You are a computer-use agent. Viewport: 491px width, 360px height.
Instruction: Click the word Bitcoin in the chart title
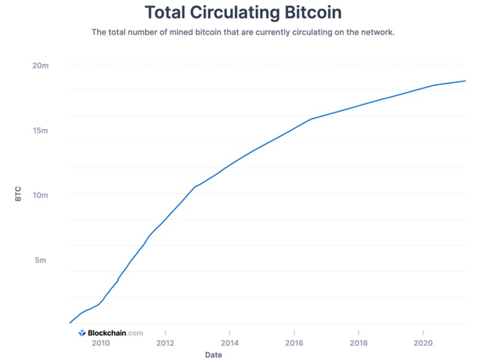point(307,12)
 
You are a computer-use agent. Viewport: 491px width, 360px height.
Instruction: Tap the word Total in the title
point(167,12)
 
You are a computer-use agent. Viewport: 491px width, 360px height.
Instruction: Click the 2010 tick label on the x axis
point(101,343)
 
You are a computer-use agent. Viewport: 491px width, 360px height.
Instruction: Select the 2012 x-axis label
point(165,343)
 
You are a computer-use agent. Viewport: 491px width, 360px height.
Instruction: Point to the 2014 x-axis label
point(230,343)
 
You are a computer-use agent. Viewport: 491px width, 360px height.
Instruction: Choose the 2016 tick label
point(294,343)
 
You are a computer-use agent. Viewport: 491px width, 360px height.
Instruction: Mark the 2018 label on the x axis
point(358,343)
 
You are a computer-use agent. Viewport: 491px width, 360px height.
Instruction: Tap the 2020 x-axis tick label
point(423,343)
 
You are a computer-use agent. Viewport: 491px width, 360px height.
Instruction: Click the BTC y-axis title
point(18,195)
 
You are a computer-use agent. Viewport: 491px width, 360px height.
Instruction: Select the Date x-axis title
point(214,354)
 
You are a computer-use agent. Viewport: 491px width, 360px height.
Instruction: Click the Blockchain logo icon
point(82,333)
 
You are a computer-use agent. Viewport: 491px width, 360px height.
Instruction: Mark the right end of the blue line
point(465,81)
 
